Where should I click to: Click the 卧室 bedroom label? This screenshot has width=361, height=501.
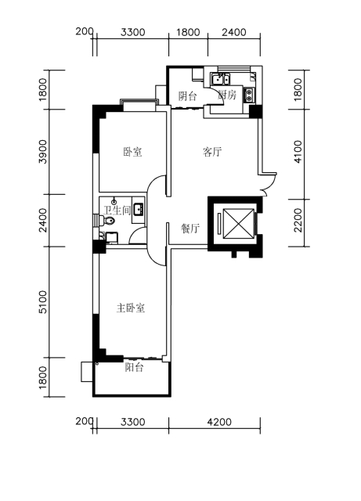pos(132,152)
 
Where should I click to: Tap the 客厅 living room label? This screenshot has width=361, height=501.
pos(212,152)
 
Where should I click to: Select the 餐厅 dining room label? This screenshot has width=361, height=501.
pos(190,229)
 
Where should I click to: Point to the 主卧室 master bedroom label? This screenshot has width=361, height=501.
pos(131,308)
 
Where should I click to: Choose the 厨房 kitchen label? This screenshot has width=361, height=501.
pos(227,95)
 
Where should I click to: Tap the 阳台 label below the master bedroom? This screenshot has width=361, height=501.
pos(134,367)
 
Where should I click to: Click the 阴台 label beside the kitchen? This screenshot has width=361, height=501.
pos(188,96)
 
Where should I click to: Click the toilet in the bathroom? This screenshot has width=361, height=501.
pos(108,221)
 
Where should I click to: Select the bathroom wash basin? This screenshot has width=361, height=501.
pos(139,209)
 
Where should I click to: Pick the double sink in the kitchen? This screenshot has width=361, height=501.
pos(220,79)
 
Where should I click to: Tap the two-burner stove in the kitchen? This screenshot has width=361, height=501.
pos(249,95)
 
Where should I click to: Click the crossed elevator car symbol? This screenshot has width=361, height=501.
pos(239,224)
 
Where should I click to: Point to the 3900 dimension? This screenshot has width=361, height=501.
pos(42,151)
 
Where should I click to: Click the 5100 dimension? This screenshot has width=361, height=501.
pos(42,302)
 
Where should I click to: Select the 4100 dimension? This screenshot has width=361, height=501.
pos(298,151)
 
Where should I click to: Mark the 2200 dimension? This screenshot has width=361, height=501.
pos(298,220)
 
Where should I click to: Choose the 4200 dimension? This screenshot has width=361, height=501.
pos(219,422)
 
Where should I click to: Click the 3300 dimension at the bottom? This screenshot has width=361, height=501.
pos(132,422)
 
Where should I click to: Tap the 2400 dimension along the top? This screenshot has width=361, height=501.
pos(234,32)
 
